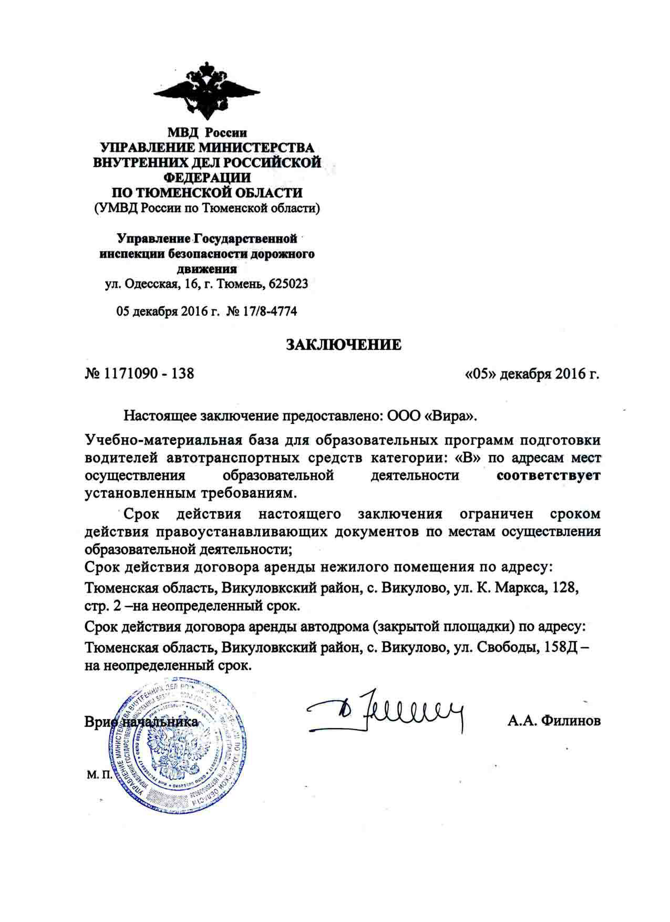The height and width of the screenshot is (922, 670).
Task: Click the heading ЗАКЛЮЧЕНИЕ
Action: tap(343, 345)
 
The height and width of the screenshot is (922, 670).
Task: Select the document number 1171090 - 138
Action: tap(149, 374)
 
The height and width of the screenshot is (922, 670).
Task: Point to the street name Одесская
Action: tap(151, 284)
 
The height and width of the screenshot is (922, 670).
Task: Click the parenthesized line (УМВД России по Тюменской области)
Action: tap(207, 209)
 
